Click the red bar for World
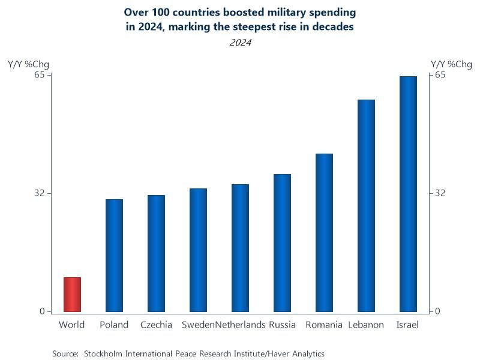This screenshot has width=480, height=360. [x=72, y=295]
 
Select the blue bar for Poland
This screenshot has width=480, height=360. [x=114, y=256]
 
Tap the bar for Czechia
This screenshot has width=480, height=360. [x=156, y=253]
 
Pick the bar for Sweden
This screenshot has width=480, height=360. [x=198, y=250]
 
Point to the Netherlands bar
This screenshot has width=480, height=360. [x=240, y=248]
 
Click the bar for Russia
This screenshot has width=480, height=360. [x=282, y=243]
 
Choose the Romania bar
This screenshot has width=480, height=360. [x=324, y=233]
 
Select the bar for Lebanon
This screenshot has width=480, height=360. [x=366, y=206]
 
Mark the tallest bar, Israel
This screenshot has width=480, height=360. [x=408, y=194]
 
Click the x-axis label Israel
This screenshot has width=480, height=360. [x=408, y=325]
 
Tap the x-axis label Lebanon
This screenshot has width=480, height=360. [x=366, y=325]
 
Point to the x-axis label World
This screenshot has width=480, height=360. [x=72, y=325]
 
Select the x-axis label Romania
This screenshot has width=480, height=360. [x=324, y=325]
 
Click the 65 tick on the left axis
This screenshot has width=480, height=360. [x=40, y=75]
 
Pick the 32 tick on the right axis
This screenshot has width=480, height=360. [x=440, y=193]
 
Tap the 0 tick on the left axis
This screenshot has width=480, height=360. [x=43, y=311]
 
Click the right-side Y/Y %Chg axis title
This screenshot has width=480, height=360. [x=451, y=64]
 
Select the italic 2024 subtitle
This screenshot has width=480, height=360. [x=240, y=43]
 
